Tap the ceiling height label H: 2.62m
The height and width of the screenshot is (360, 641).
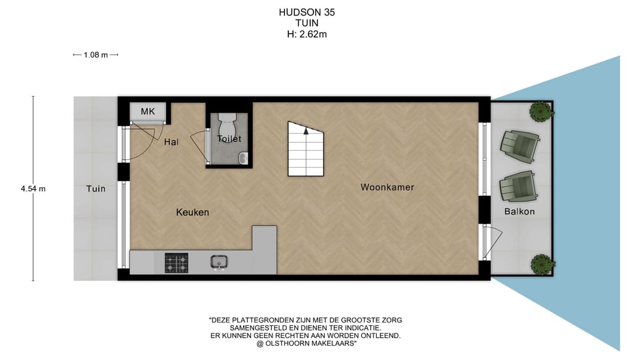click(x=307, y=34)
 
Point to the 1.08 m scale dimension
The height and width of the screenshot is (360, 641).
click(x=96, y=55)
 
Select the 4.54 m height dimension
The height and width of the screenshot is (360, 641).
click(x=33, y=189)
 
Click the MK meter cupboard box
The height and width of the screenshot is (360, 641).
click(x=147, y=111)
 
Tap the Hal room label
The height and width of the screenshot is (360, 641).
click(x=171, y=142)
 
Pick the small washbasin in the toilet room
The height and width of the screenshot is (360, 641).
click(x=243, y=158)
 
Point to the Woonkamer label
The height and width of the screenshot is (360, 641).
click(x=387, y=187)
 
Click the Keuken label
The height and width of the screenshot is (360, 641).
click(x=192, y=212)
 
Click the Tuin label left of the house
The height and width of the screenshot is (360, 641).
click(x=96, y=189)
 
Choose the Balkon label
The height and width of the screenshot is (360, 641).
click(x=519, y=212)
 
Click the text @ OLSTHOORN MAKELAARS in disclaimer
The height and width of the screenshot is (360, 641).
click(x=306, y=343)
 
